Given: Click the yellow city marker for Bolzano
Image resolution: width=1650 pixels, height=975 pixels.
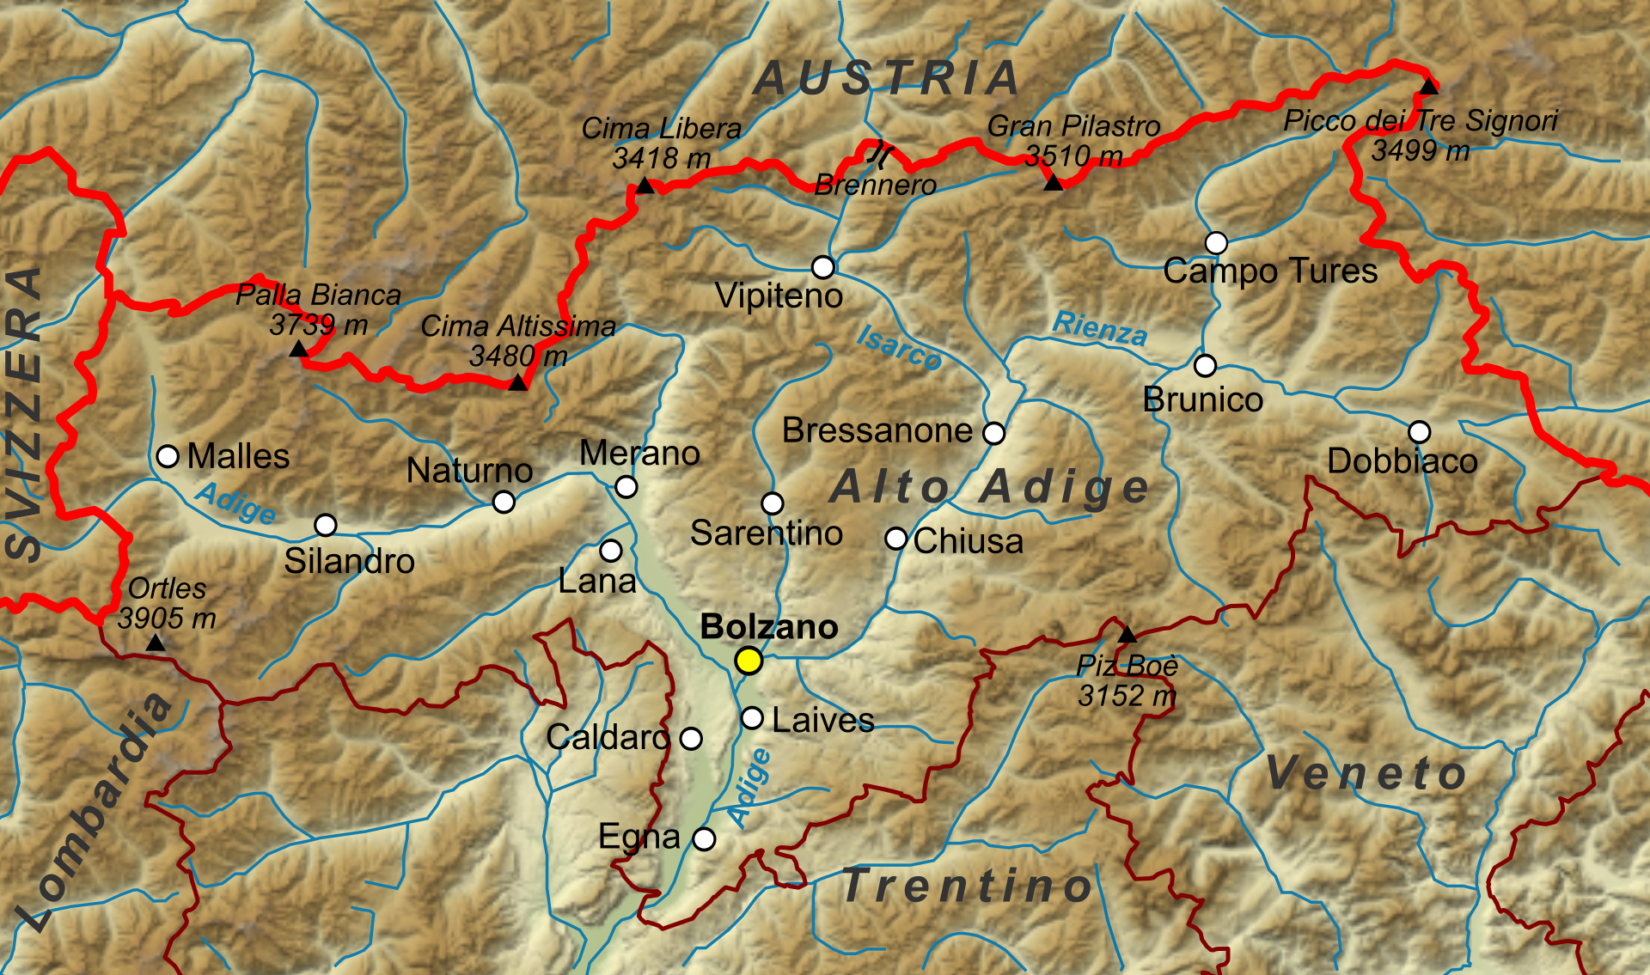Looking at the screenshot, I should click(x=749, y=661).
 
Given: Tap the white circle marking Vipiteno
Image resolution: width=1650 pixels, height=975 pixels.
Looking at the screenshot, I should click(x=823, y=267).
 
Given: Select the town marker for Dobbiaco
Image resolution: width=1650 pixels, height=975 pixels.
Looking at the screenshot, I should click(x=1419, y=431).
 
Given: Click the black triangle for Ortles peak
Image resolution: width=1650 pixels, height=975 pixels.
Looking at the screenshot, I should click(x=156, y=643).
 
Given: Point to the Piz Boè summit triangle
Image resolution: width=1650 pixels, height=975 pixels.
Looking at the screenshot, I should click(x=1127, y=636).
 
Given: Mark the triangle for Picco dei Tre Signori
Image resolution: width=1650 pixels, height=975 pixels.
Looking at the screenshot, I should click(x=1428, y=86).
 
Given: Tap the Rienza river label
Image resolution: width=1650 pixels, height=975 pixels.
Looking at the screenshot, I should click(x=1100, y=328).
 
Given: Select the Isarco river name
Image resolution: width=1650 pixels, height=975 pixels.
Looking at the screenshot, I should click(x=899, y=347).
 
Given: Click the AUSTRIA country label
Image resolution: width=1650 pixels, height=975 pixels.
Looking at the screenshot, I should click(x=887, y=79).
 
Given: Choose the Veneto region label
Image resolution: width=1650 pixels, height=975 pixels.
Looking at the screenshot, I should click(x=1366, y=772).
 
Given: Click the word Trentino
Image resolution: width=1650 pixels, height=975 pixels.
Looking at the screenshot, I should click(x=968, y=886).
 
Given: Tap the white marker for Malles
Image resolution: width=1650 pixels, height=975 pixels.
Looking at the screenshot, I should click(x=168, y=455).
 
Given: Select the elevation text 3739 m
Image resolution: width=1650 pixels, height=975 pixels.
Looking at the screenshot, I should click(x=318, y=325).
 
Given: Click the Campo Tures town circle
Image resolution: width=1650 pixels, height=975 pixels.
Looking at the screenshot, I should click(x=1216, y=243).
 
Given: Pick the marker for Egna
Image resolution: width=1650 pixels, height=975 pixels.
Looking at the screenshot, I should click(x=704, y=839).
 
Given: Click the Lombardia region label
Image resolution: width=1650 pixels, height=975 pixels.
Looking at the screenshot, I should click(x=95, y=812).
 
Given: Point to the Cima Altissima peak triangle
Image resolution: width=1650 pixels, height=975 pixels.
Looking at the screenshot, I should click(x=517, y=382).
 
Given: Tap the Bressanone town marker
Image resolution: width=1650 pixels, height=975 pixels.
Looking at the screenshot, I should click(x=993, y=433).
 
